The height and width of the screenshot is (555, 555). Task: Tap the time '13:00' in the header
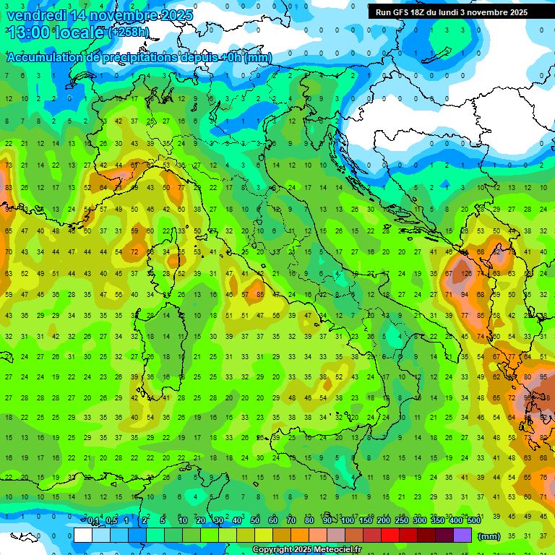pos(27,33)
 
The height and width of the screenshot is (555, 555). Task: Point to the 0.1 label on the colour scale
pos(93,521)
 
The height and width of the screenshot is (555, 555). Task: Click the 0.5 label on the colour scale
pos(111,521)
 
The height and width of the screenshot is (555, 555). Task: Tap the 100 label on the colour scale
pos(348,521)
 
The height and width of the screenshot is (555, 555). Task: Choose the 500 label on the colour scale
pos(474,521)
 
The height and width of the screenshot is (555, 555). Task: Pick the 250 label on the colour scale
pos(402,521)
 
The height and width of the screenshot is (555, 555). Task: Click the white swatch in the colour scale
pos(83,535)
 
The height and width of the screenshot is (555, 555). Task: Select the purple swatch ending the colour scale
pos(462,535)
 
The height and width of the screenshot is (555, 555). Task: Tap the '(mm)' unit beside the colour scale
pos(489,535)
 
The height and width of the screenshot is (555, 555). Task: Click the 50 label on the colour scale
pos(255,521)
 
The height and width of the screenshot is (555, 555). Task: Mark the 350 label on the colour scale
pos(438,521)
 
